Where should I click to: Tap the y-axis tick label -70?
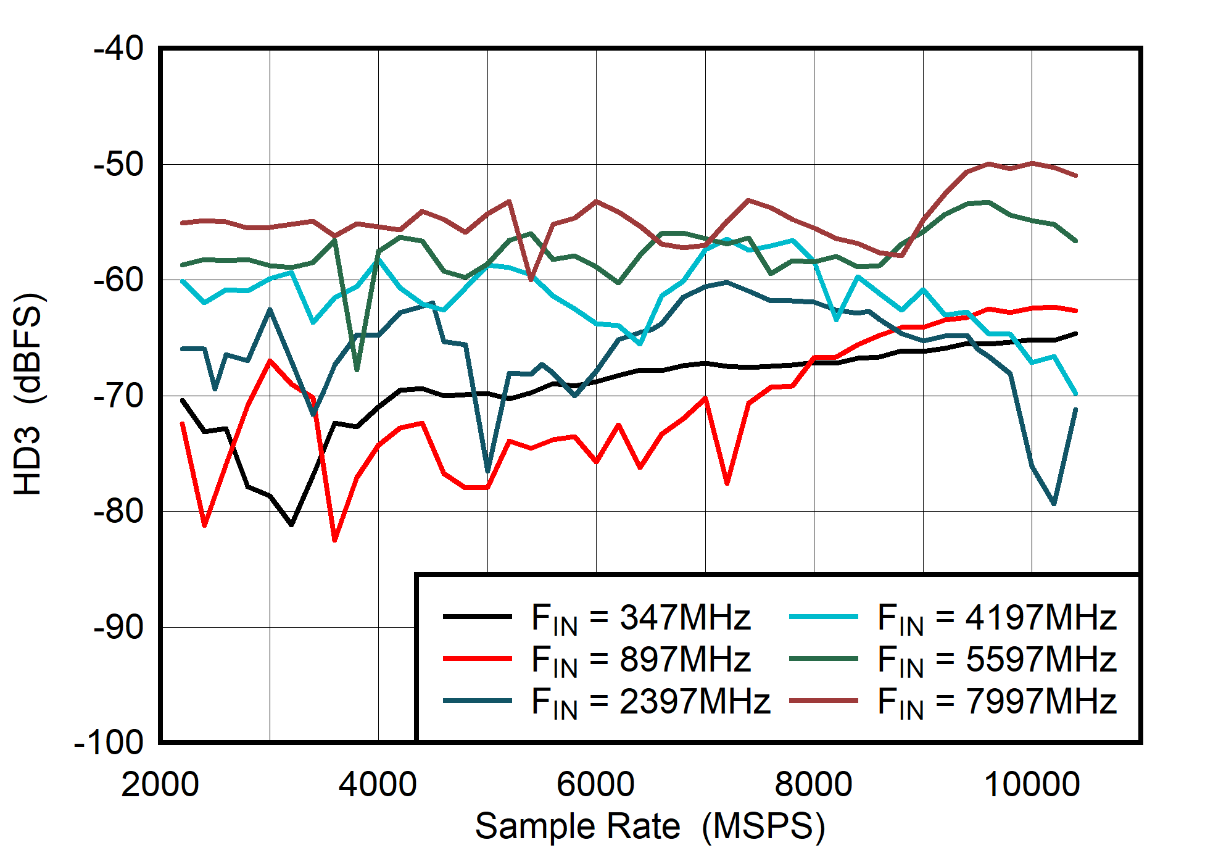pos(118,396)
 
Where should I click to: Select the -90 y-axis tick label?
pos(118,627)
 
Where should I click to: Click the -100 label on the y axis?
pos(109,743)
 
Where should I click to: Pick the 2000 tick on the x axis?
pos(160,784)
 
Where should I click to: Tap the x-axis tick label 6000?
pos(595,784)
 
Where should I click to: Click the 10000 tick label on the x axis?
pos(1032,784)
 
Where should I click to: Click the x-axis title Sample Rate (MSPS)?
pos(649,826)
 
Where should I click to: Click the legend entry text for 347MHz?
pos(640,617)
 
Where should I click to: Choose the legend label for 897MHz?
pos(640,659)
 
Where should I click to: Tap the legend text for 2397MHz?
pos(650,701)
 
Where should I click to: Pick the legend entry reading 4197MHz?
pos(996,617)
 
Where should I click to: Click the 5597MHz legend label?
pos(996,659)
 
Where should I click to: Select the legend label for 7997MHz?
pos(996,701)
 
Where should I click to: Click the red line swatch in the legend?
pos(477,659)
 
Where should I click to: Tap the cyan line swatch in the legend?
pos(823,617)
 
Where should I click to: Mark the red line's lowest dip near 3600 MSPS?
pos(335,540)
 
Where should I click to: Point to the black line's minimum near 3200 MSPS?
pos(291,525)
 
